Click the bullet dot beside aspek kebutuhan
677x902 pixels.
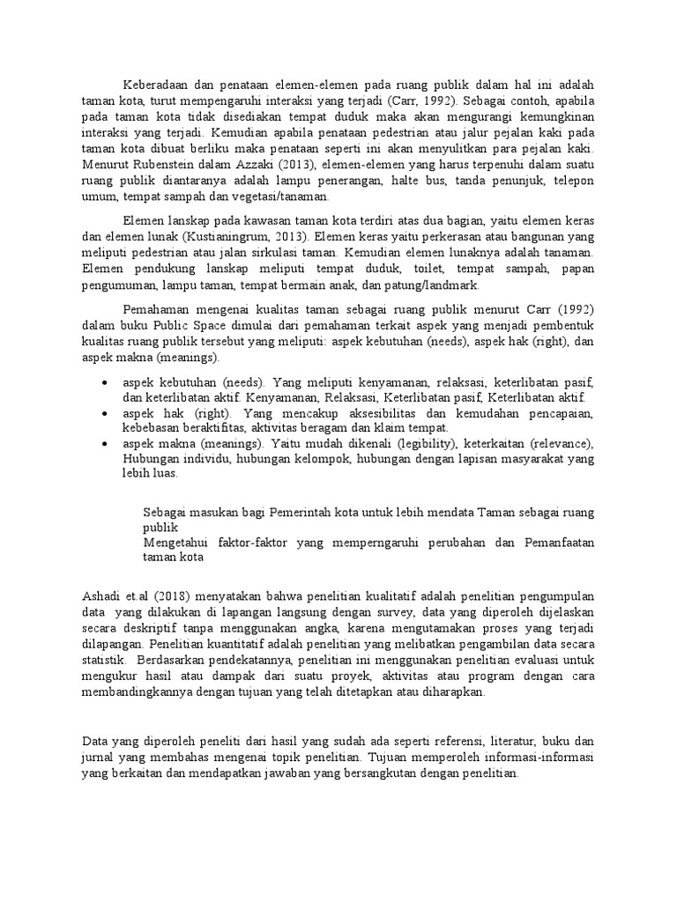tap(106, 384)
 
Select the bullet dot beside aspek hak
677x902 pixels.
tap(106, 413)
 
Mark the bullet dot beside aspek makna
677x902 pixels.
tap(106, 443)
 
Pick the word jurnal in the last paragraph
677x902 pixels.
tap(95, 757)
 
